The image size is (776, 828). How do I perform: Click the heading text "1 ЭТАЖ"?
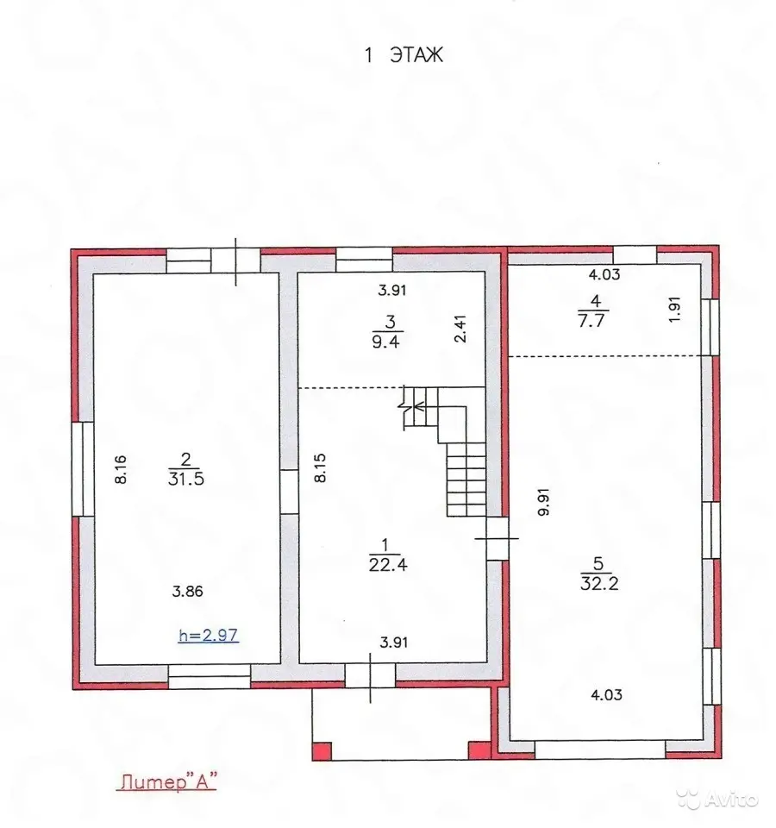click(x=404, y=55)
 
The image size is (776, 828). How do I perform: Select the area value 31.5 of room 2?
click(x=186, y=479)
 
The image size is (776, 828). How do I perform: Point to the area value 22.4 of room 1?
click(x=388, y=564)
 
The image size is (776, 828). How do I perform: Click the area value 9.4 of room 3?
click(x=386, y=341)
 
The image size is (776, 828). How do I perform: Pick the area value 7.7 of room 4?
click(x=591, y=321)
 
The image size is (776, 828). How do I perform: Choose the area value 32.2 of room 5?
click(x=599, y=584)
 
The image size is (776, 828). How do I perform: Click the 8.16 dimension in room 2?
click(x=121, y=469)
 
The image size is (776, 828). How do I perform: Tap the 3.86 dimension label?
click(x=187, y=591)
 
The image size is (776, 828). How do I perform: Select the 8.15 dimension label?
click(x=320, y=467)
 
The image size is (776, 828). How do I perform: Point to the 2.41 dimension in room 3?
click(x=460, y=329)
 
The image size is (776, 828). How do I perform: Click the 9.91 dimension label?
click(x=544, y=502)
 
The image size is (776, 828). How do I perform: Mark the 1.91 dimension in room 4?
click(x=674, y=310)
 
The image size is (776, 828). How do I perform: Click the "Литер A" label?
click(x=166, y=781)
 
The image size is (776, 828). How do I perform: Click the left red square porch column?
click(x=322, y=751)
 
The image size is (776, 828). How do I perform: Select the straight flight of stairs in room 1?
click(x=466, y=479)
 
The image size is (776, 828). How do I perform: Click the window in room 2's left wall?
click(x=83, y=469)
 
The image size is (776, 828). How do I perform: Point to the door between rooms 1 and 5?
click(x=498, y=538)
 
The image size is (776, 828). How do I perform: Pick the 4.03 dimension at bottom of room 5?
click(x=606, y=694)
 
